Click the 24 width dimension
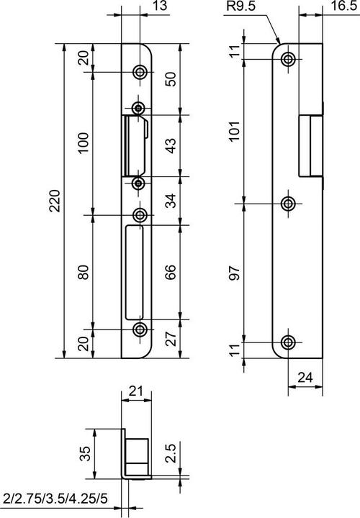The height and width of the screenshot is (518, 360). (x=304, y=376)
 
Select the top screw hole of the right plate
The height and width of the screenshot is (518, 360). (x=288, y=59)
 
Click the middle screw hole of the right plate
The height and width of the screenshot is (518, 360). (x=288, y=204)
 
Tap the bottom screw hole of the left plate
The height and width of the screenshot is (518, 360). (x=140, y=330)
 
